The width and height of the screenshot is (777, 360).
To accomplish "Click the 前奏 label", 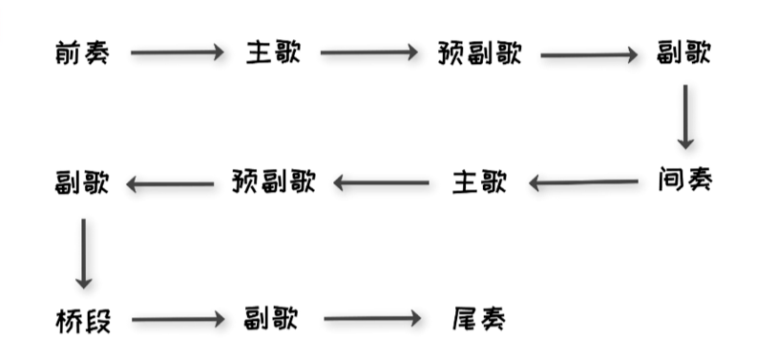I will pyautogui.click(x=82, y=53).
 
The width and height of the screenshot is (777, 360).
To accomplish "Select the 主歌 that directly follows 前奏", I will pyautogui.click(x=272, y=53).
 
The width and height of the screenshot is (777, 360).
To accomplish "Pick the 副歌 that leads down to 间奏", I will pyautogui.click(x=684, y=53).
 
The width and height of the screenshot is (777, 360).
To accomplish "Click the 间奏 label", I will pyautogui.click(x=684, y=180).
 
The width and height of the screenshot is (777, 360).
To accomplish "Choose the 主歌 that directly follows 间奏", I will pyautogui.click(x=478, y=181).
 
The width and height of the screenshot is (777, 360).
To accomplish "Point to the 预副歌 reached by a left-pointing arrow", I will pyautogui.click(x=273, y=181).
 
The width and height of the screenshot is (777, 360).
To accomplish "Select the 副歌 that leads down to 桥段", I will pyautogui.click(x=82, y=181).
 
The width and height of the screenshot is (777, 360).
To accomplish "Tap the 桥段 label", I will pyautogui.click(x=83, y=320).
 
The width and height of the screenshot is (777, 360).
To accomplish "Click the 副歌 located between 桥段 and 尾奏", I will pyautogui.click(x=272, y=319).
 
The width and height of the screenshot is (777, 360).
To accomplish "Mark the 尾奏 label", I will pyautogui.click(x=478, y=319).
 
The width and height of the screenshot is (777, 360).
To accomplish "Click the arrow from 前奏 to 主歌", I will pyautogui.click(x=177, y=53).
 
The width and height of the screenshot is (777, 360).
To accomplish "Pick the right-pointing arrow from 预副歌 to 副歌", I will pyautogui.click(x=589, y=54).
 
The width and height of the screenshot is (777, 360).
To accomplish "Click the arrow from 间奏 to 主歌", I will pyautogui.click(x=583, y=181).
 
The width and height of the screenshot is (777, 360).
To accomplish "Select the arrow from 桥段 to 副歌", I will pyautogui.click(x=177, y=320).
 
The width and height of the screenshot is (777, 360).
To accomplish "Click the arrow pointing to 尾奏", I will pyautogui.click(x=372, y=319).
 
